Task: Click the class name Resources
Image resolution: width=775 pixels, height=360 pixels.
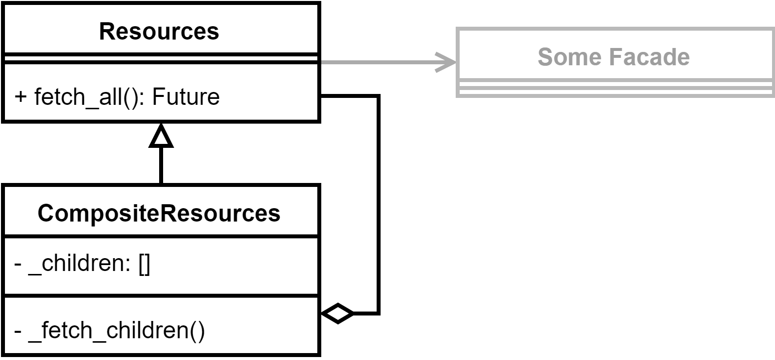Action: coord(159,31)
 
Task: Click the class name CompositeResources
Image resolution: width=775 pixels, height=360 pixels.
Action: coord(159,213)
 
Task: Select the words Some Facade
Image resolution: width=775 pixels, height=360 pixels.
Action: coord(613,56)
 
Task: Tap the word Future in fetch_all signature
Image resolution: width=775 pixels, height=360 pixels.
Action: coord(186,96)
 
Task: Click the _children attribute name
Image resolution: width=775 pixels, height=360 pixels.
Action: coord(79,265)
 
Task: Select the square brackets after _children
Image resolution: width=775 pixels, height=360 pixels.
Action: coord(144,266)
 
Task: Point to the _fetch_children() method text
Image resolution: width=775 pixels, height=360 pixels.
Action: coord(116,330)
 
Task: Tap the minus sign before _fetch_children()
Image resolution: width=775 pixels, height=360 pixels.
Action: coord(18,330)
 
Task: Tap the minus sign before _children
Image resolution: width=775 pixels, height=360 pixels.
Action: coord(18,266)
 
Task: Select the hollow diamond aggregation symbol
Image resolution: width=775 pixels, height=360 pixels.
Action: coord(338,313)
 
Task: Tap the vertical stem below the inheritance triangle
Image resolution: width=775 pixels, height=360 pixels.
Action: coord(161,166)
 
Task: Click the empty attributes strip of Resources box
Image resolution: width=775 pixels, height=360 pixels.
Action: coord(161,58)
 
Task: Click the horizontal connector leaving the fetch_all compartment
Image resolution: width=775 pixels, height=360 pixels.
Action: coord(348,96)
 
